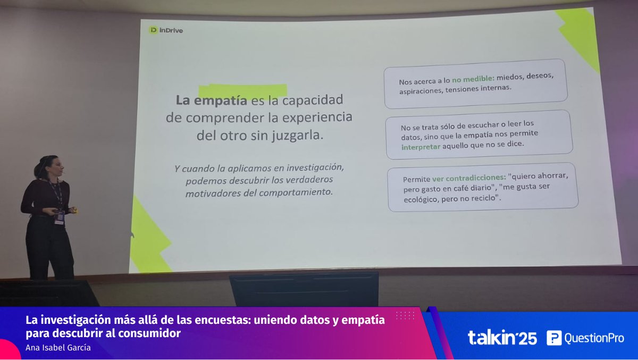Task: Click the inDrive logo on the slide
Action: pos(166,30)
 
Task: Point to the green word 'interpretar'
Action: pos(421,147)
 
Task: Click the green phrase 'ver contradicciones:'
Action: pos(468,178)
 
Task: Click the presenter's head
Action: pos(48,166)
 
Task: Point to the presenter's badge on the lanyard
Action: pos(60,217)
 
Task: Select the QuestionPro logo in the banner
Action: pos(585,338)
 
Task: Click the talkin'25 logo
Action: pos(502,338)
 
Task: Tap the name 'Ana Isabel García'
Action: pos(58,348)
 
